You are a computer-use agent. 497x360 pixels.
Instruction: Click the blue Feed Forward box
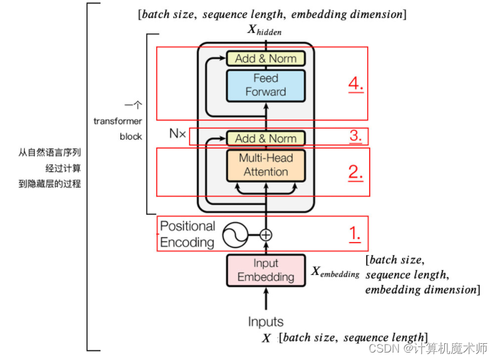point(266,86)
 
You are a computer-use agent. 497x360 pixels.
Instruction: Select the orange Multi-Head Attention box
point(266,166)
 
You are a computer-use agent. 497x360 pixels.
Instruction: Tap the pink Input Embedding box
point(266,270)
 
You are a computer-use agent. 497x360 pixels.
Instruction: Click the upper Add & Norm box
point(266,59)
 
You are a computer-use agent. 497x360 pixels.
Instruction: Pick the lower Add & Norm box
point(266,138)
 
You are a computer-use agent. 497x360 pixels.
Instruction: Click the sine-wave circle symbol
point(235,235)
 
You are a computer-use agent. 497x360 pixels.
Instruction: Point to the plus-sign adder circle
point(266,235)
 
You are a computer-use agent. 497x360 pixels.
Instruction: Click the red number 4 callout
point(356,84)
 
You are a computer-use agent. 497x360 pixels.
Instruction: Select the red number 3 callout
point(356,136)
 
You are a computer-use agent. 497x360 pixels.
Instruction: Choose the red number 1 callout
point(355,234)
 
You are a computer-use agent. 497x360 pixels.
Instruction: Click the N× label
point(177,133)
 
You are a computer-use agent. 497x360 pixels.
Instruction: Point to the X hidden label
point(264,30)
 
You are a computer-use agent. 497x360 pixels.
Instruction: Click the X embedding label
point(335,272)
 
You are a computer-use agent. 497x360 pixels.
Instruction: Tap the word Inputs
point(266,322)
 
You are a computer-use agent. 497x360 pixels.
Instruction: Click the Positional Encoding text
point(187,235)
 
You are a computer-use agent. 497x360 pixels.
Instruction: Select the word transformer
point(118,121)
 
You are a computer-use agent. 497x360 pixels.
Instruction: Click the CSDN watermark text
point(428,348)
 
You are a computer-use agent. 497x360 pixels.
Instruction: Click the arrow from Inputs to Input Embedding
point(266,299)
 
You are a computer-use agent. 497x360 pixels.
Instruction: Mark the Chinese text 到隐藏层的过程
point(50,184)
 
